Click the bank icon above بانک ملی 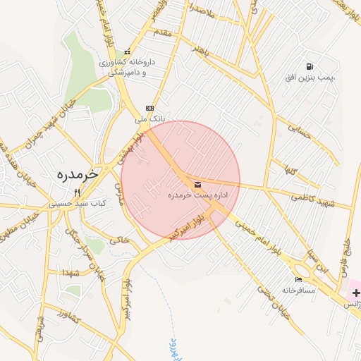(148, 108)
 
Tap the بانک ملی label (149, 119)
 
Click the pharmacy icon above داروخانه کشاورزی (127, 51)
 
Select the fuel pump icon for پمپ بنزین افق (309, 66)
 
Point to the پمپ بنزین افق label (309, 76)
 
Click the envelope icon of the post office (196, 183)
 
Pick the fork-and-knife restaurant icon (78, 192)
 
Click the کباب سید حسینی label (78, 203)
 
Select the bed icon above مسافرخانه (299, 279)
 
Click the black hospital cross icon (355, 293)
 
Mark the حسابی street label (301, 130)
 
